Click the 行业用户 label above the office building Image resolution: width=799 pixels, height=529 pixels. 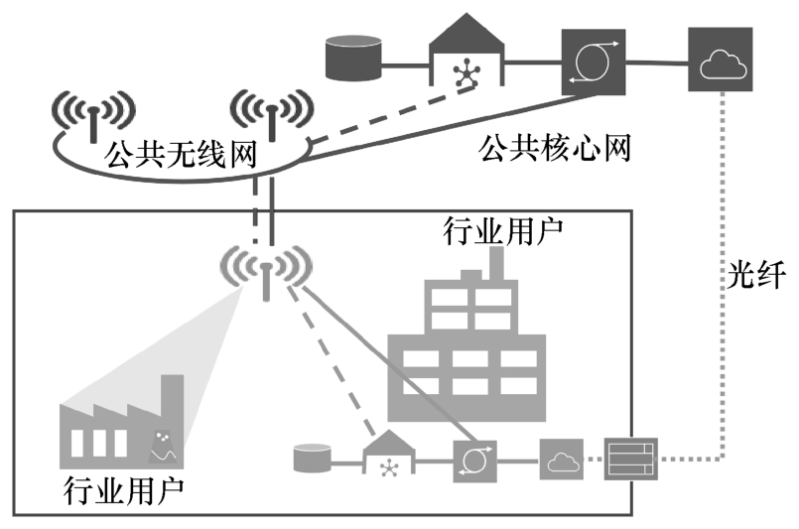[502, 232]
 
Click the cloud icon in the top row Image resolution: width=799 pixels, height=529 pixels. [721, 65]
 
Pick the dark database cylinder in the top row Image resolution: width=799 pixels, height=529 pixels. [354, 59]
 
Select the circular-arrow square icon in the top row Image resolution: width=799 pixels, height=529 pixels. [593, 62]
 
